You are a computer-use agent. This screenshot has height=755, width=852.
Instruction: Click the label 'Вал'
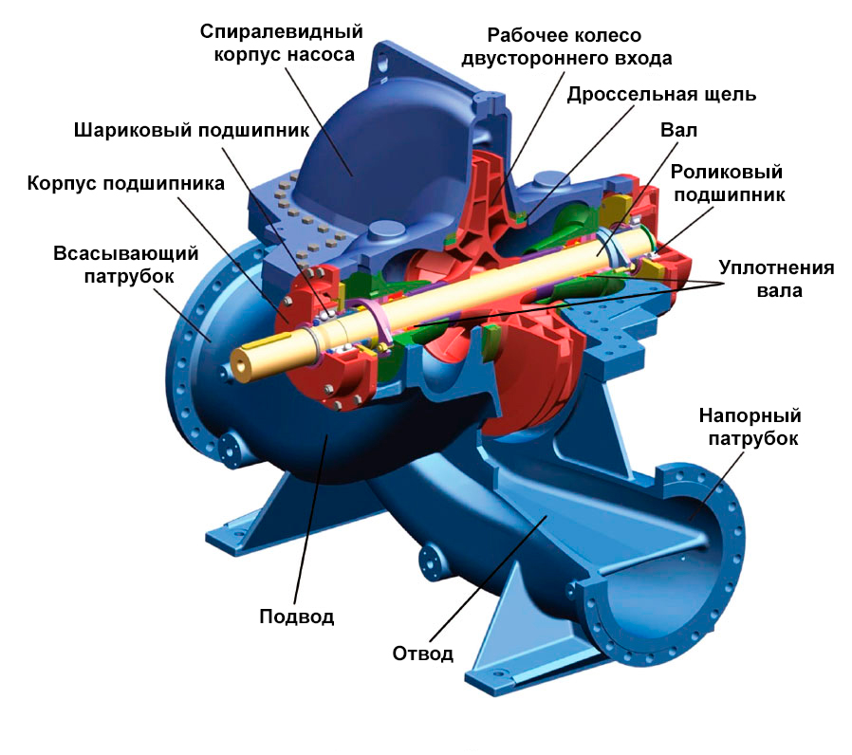(678, 130)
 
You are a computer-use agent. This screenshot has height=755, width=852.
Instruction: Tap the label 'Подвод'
(297, 617)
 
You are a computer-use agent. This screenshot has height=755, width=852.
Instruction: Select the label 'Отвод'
(423, 654)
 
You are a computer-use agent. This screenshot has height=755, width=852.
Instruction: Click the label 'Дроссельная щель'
(661, 95)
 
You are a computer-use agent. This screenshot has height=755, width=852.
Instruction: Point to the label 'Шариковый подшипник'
(192, 130)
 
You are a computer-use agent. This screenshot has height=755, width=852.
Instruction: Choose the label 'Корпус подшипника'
(125, 184)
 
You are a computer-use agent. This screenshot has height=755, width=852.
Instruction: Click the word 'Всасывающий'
(125, 253)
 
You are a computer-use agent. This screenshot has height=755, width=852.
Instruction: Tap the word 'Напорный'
(750, 415)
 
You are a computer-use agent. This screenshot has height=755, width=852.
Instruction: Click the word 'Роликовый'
(727, 172)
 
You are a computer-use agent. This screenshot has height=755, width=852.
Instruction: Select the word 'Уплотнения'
(776, 267)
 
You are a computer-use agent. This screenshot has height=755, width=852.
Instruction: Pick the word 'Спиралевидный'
(282, 31)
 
